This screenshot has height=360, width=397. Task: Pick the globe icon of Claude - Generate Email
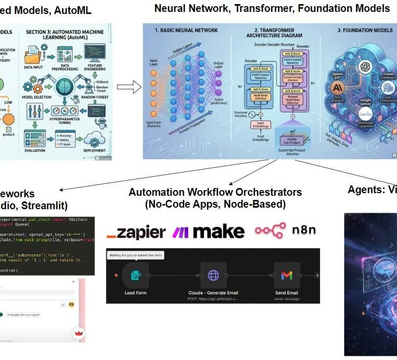(x=213, y=275)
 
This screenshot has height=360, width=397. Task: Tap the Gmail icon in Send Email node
(x=286, y=275)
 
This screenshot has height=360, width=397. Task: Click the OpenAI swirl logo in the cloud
(x=365, y=67)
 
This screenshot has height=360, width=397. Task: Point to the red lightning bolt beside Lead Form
(x=116, y=275)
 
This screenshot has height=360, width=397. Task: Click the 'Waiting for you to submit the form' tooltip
(x=135, y=255)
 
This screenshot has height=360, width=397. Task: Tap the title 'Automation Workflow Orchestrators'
(x=215, y=192)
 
